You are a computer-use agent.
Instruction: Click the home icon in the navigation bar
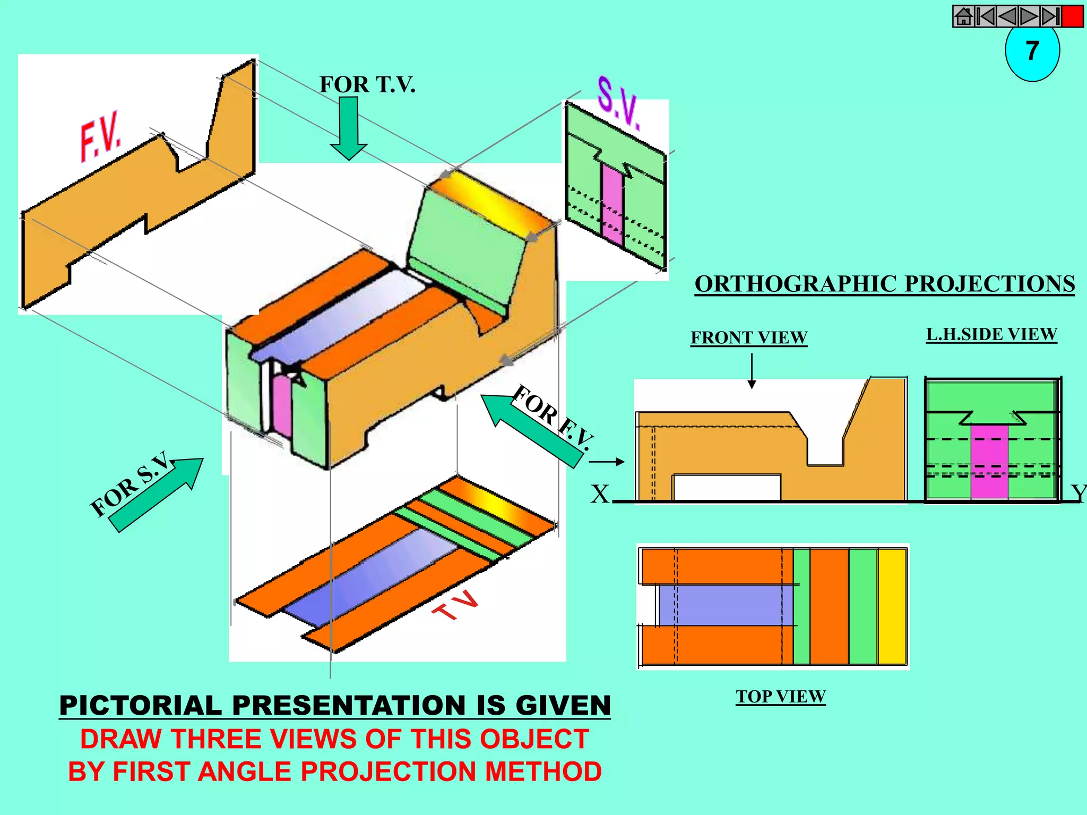pyautogui.click(x=964, y=16)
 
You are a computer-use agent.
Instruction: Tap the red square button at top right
pyautogui.click(x=1072, y=16)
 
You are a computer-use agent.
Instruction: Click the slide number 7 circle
pyautogui.click(x=1032, y=52)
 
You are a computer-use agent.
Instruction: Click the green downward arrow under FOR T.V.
pyautogui.click(x=349, y=128)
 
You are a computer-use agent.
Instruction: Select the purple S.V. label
pyautogui.click(x=619, y=103)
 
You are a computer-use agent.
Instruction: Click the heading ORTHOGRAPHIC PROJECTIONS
pyautogui.click(x=884, y=284)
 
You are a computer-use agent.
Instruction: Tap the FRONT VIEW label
pyautogui.click(x=748, y=337)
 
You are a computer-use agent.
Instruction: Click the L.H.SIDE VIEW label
pyautogui.click(x=991, y=334)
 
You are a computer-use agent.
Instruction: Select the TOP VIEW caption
pyautogui.click(x=780, y=696)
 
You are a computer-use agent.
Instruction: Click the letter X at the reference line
pyautogui.click(x=600, y=495)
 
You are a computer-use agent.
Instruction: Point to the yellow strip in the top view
pyautogui.click(x=892, y=606)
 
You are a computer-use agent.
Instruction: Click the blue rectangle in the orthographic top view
pyautogui.click(x=725, y=605)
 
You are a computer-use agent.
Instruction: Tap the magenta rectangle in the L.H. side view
pyautogui.click(x=989, y=462)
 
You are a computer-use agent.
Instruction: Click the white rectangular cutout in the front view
pyautogui.click(x=726, y=487)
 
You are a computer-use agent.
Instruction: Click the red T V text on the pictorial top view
pyautogui.click(x=456, y=605)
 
